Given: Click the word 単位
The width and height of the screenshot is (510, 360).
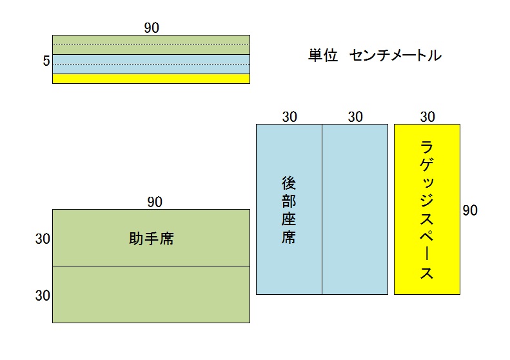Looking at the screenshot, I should click(x=323, y=55).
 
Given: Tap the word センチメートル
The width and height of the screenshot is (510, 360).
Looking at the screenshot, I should click(x=395, y=55).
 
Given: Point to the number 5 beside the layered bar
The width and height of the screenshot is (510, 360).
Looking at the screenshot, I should click(x=46, y=61).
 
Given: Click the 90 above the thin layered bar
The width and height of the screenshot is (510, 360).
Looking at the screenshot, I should click(x=152, y=27).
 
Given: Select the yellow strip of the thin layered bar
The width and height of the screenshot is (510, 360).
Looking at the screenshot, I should click(x=151, y=79).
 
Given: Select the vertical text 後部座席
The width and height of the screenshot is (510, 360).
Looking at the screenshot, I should click(x=288, y=210).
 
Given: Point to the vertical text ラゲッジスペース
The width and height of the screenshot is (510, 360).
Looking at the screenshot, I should click(x=427, y=210).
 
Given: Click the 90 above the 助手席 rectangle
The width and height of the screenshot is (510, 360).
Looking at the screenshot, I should click(x=155, y=202).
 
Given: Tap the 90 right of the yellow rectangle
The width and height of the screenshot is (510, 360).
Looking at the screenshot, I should click(x=470, y=210).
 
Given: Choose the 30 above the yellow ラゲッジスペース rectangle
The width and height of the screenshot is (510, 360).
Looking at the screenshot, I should click(x=427, y=117).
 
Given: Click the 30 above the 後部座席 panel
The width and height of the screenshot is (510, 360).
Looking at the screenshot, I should click(x=289, y=117).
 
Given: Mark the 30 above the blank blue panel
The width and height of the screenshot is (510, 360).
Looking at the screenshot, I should click(x=355, y=117).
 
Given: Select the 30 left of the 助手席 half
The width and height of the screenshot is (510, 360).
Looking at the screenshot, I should click(x=43, y=239).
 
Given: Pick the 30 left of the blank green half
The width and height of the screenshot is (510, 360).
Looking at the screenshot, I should click(x=43, y=295).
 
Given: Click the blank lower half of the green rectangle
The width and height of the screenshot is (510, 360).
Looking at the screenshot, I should click(x=151, y=294).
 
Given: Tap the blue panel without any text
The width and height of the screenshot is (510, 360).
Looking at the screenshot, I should click(x=355, y=209).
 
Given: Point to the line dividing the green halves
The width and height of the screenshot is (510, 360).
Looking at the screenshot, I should click(x=151, y=266).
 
